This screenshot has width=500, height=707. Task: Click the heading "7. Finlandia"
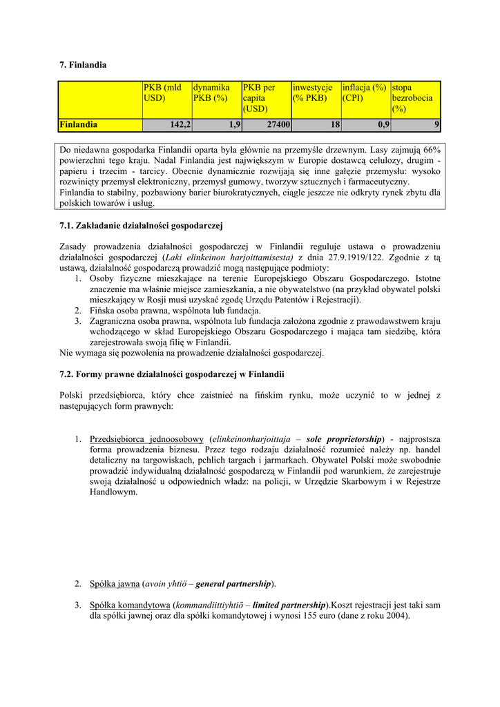tap(83, 65)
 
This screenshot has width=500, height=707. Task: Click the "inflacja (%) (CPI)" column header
tap(365, 93)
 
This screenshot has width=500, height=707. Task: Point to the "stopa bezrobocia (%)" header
tap(415, 98)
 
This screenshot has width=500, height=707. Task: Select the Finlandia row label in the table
tap(79, 125)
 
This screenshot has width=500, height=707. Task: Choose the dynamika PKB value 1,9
tap(234, 125)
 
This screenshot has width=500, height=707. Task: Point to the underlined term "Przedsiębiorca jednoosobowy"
tap(146, 439)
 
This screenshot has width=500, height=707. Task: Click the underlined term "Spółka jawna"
tap(115, 584)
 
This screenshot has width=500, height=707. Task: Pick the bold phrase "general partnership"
tap(233, 584)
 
